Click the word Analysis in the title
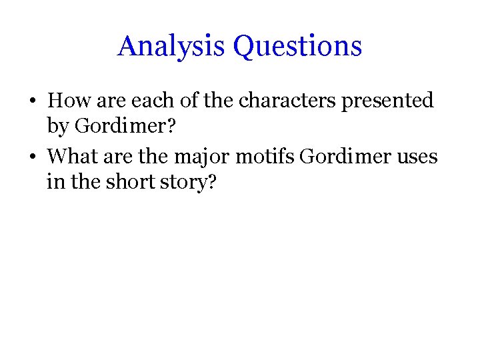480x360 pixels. coord(172,46)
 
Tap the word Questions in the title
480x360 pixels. coord(297,46)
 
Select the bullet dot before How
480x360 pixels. coord(31,102)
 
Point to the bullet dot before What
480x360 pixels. coord(31,157)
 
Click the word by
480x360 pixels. coord(57,125)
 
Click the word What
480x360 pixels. coord(73,157)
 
